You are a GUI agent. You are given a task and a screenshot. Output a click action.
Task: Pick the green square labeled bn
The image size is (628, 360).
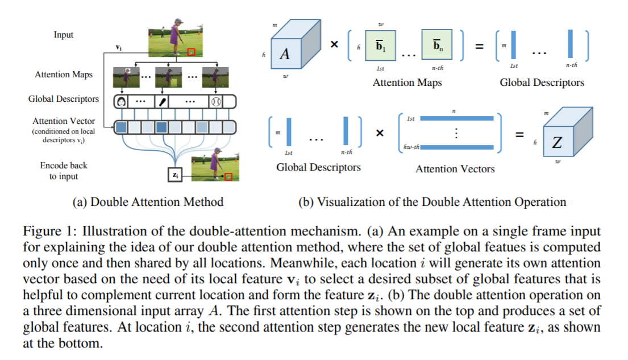click(437, 45)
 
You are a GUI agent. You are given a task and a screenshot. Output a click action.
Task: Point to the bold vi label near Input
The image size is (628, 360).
click(118, 48)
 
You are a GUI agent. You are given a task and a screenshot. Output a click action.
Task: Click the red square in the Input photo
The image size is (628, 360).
click(192, 52)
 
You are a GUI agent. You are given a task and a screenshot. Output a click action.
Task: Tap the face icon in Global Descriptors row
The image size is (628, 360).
click(122, 102)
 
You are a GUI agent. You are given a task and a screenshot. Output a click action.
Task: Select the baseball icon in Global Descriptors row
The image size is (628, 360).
click(215, 102)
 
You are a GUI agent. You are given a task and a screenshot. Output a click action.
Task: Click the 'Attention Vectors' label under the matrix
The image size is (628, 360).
click(455, 169)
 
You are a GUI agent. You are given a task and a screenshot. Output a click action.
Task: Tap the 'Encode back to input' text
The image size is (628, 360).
click(63, 171)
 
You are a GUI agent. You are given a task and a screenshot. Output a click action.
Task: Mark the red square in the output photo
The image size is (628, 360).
click(228, 176)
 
